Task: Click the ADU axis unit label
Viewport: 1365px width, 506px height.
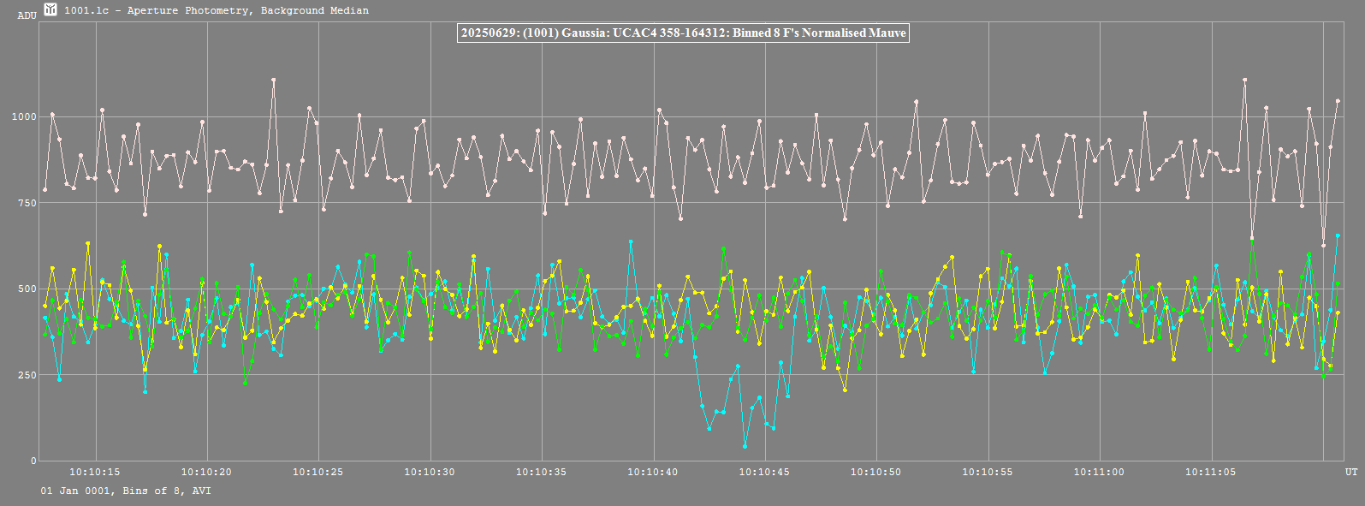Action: (x=27, y=15)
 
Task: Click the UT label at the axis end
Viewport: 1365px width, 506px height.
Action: (x=1350, y=472)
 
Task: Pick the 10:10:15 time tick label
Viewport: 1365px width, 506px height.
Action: (x=94, y=472)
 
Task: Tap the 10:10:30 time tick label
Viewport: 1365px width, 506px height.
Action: (x=429, y=472)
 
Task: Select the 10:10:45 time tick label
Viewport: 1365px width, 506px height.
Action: (x=764, y=472)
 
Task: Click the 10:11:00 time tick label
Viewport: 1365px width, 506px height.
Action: (x=1099, y=472)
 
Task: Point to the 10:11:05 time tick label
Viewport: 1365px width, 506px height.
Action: (x=1210, y=472)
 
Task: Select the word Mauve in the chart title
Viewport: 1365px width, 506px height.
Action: (x=887, y=33)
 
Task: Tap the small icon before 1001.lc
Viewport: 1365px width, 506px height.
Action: (x=50, y=9)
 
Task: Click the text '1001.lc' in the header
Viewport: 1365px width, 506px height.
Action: (x=82, y=10)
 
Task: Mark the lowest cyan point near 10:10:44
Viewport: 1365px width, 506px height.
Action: (x=745, y=446)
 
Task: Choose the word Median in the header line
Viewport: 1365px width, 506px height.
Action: (x=349, y=10)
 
